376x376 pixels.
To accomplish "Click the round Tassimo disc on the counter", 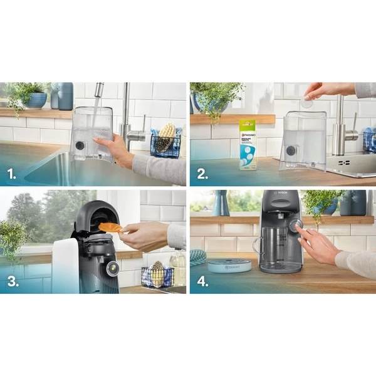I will click(229, 266).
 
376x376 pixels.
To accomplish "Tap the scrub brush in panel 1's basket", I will click(165, 137).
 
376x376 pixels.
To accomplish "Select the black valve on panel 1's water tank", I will click(80, 145).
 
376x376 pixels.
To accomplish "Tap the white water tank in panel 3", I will click(65, 266).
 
